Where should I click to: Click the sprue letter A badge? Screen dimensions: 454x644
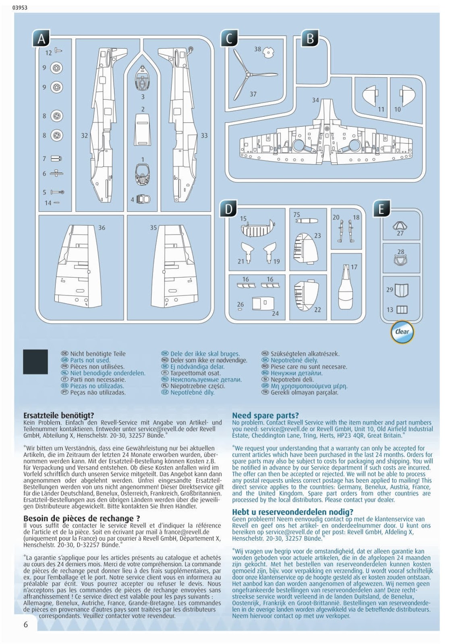(41, 39)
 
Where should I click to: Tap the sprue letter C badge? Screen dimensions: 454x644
(229, 39)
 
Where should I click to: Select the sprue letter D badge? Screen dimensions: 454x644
(228, 209)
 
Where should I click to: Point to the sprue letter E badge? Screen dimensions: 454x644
(381, 209)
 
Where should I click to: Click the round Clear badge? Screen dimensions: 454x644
(402, 332)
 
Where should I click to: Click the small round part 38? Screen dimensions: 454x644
(268, 52)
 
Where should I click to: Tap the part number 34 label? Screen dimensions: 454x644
(315, 100)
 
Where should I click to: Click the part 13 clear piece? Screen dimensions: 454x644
(402, 310)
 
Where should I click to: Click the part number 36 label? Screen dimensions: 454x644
(102, 228)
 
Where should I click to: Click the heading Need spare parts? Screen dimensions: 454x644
(265, 415)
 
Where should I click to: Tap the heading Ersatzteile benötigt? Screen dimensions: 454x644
(59, 415)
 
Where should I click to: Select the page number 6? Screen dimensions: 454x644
(26, 624)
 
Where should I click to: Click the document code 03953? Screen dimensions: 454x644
(20, 7)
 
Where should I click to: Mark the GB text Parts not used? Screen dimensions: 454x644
(90, 360)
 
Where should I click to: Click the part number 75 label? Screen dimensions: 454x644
(297, 215)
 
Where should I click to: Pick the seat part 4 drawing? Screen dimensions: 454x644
(143, 199)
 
